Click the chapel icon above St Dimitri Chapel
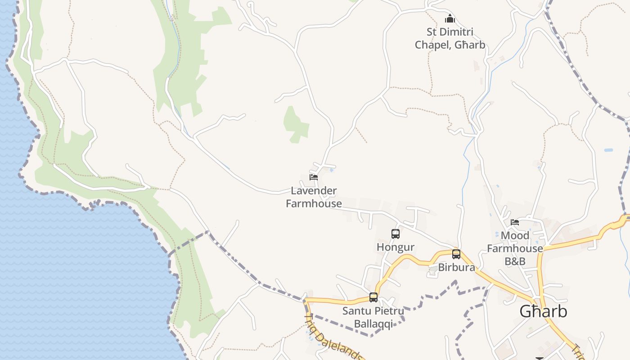[450, 19]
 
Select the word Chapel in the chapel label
[432, 45]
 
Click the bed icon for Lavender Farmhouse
[314, 177]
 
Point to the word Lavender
[314, 191]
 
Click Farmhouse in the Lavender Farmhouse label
[314, 203]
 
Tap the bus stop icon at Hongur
[396, 234]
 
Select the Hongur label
[396, 247]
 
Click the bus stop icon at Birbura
[456, 254]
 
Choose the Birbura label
[456, 267]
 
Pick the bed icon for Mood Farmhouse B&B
[515, 222]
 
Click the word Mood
[515, 236]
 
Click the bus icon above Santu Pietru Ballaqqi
[373, 297]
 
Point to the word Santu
[357, 311]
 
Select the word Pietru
[389, 311]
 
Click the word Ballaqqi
[373, 324]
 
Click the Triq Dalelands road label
[333, 337]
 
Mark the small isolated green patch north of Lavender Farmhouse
[295, 124]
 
